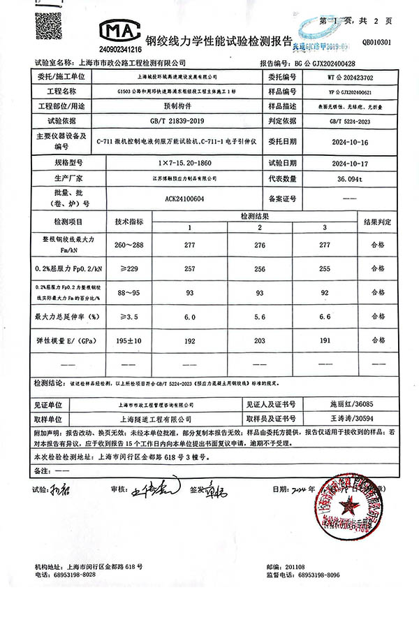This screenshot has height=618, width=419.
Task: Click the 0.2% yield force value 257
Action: (x=188, y=268)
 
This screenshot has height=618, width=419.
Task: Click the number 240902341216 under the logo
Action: (x=120, y=50)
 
